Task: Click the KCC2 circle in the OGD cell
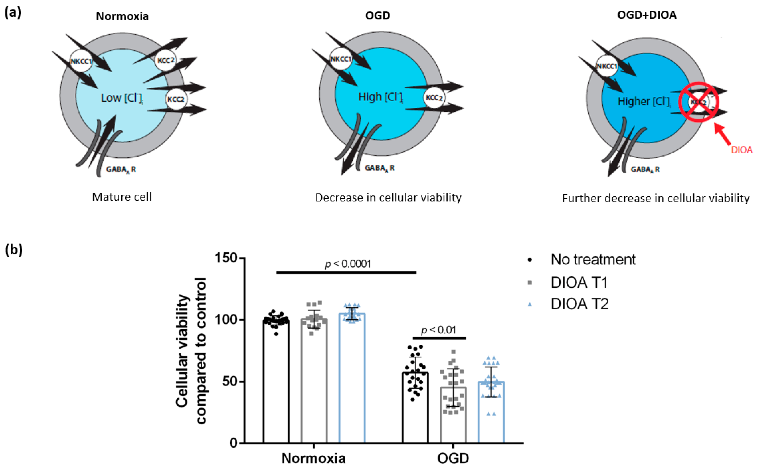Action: click(434, 98)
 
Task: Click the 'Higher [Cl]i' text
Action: click(644, 102)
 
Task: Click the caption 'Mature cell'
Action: click(122, 197)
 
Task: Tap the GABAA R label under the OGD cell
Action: click(379, 168)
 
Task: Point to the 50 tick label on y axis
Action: click(230, 382)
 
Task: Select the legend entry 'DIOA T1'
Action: click(579, 283)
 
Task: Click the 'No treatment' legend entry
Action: click(592, 260)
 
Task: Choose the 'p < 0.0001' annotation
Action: click(347, 264)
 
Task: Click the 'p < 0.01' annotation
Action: click(438, 330)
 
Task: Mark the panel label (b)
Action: click(14, 250)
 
